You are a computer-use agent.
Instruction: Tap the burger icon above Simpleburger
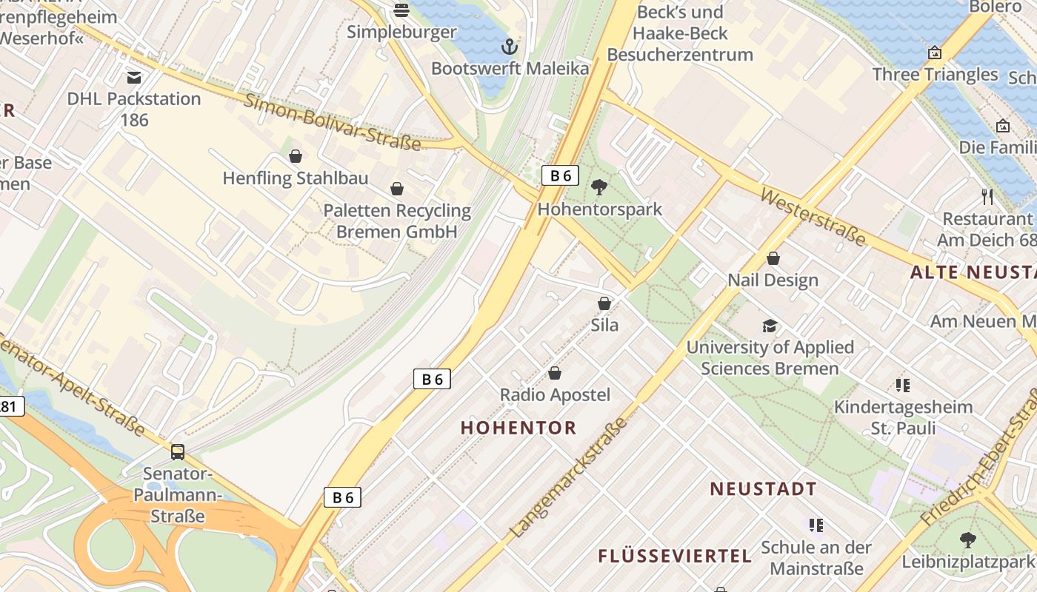(x=401, y=10)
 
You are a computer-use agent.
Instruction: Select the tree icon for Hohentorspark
(x=599, y=187)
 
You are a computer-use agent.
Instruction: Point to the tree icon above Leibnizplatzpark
(x=967, y=540)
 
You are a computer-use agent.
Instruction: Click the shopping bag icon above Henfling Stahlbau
(x=296, y=156)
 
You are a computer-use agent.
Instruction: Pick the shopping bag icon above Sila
(x=604, y=303)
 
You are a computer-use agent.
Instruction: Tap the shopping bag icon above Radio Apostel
(x=555, y=373)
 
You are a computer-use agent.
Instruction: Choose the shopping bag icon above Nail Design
(x=773, y=258)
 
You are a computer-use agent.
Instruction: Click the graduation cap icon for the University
(x=770, y=326)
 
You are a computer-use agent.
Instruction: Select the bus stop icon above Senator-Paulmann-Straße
(x=178, y=451)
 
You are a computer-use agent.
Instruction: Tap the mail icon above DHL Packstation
(x=134, y=77)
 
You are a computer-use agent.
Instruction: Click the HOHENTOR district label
(x=518, y=428)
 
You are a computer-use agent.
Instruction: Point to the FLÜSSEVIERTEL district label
(x=675, y=556)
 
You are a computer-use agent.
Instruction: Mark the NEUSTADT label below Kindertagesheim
(x=763, y=489)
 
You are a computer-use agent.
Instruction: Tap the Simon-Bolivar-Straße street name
(x=332, y=122)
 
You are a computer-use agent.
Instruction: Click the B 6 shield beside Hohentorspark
(x=560, y=175)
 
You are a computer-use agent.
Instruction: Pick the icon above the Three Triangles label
(x=935, y=53)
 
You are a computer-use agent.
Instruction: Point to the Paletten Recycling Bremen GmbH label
(x=397, y=221)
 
